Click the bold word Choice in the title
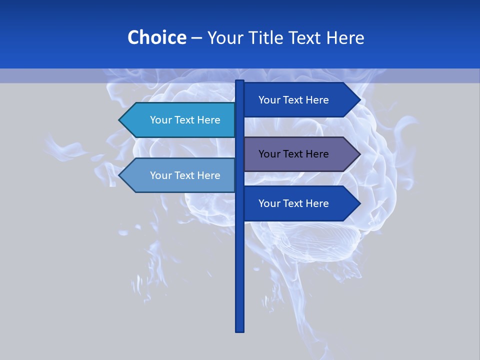point(156,37)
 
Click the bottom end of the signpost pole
point(240,330)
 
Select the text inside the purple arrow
point(293,154)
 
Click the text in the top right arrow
point(293,100)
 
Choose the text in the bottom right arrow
point(293,203)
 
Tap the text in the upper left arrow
point(185,120)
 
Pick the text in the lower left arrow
point(185,175)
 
